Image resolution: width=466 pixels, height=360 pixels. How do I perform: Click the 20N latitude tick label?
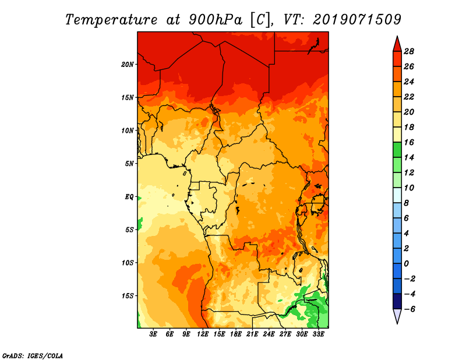click(x=128, y=64)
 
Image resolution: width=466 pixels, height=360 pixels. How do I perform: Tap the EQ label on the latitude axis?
click(x=129, y=197)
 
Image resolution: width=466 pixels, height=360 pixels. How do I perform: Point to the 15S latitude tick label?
click(x=128, y=296)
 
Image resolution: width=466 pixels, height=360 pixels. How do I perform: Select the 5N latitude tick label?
click(x=129, y=164)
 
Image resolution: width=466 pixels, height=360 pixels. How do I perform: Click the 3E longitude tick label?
click(x=153, y=334)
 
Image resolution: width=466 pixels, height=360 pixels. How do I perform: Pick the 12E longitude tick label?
click(x=203, y=334)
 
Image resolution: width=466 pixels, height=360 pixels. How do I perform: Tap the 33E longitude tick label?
click(x=318, y=334)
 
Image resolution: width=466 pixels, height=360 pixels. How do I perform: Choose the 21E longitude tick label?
click(x=252, y=334)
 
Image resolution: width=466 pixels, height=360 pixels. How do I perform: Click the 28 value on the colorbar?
click(x=409, y=51)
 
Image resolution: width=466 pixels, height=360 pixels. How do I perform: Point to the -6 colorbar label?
click(x=409, y=309)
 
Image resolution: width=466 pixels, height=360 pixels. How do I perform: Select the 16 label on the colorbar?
click(x=409, y=142)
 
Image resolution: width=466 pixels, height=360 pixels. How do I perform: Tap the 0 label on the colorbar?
click(x=406, y=264)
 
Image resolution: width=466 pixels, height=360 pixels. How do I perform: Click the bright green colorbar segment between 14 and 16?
click(x=397, y=150)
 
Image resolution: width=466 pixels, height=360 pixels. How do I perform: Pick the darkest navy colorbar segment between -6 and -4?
click(x=397, y=301)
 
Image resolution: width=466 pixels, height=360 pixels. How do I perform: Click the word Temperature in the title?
click(x=111, y=20)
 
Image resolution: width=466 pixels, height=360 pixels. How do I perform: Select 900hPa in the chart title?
click(x=215, y=20)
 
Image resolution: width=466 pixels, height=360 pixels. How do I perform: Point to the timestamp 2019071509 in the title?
click(x=356, y=20)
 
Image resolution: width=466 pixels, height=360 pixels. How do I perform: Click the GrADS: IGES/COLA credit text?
click(x=33, y=355)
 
